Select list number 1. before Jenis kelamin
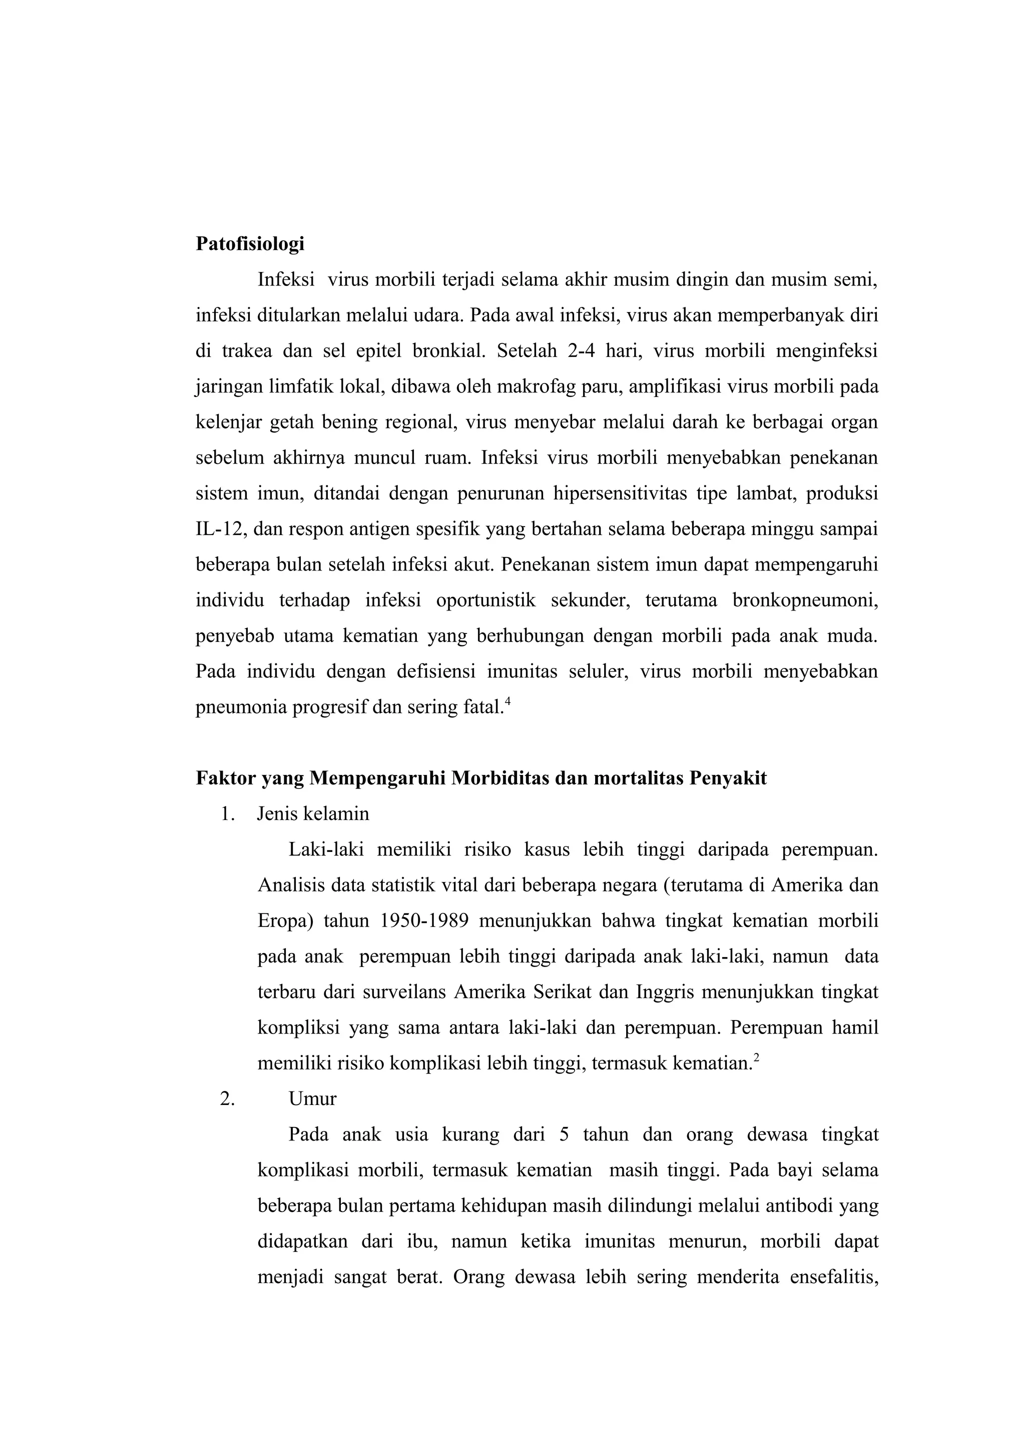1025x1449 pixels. click(x=227, y=814)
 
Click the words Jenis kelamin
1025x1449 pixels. click(x=313, y=814)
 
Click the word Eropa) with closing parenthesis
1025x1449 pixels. click(x=285, y=921)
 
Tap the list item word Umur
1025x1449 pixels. click(x=312, y=1098)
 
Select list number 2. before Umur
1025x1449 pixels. click(x=227, y=1098)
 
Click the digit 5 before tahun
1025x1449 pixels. click(x=564, y=1134)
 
